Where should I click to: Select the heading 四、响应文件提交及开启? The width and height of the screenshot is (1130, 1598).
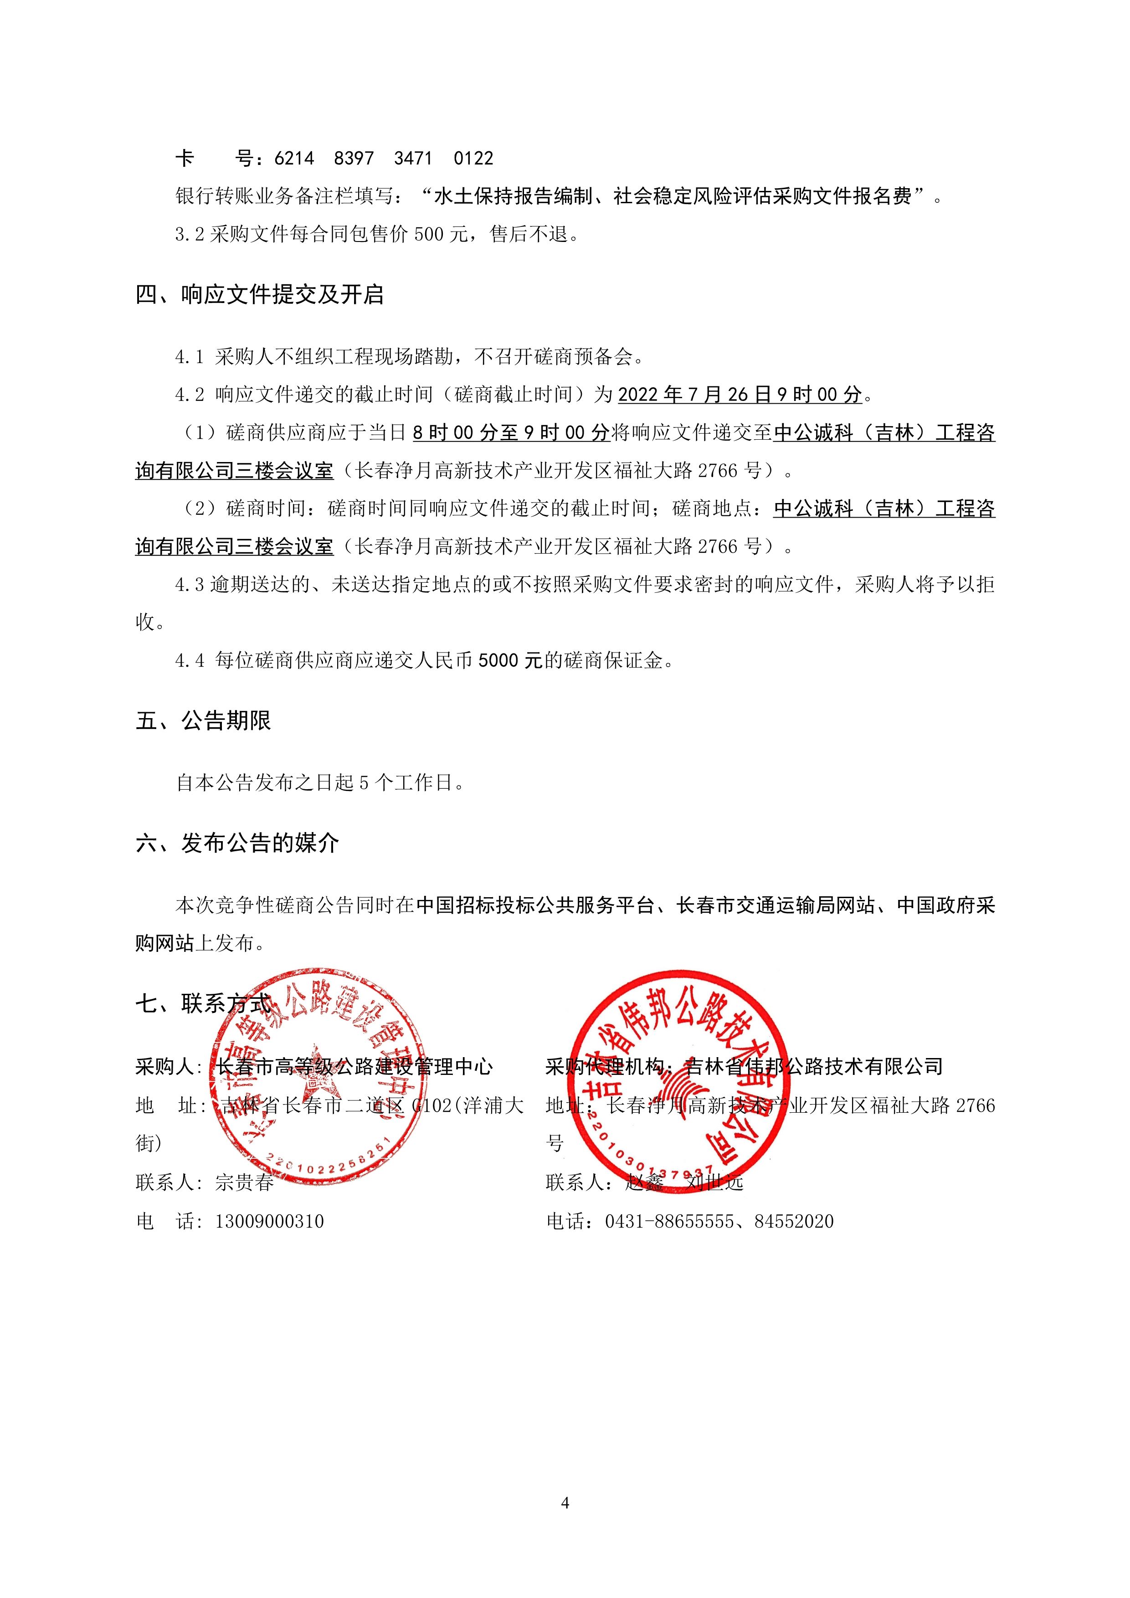click(260, 295)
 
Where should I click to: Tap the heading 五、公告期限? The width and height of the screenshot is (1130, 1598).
click(203, 721)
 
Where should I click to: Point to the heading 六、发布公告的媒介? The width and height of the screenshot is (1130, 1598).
click(237, 843)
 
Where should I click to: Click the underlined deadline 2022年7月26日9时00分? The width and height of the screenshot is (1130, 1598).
click(740, 395)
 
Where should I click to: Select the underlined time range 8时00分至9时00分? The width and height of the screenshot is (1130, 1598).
click(511, 433)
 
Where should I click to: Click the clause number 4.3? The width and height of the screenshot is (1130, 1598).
click(189, 585)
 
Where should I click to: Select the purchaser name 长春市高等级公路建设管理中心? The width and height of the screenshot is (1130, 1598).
click(355, 1066)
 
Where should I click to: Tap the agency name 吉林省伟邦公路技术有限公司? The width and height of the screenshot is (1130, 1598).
click(814, 1066)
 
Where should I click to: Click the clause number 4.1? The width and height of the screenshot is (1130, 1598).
click(189, 357)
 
